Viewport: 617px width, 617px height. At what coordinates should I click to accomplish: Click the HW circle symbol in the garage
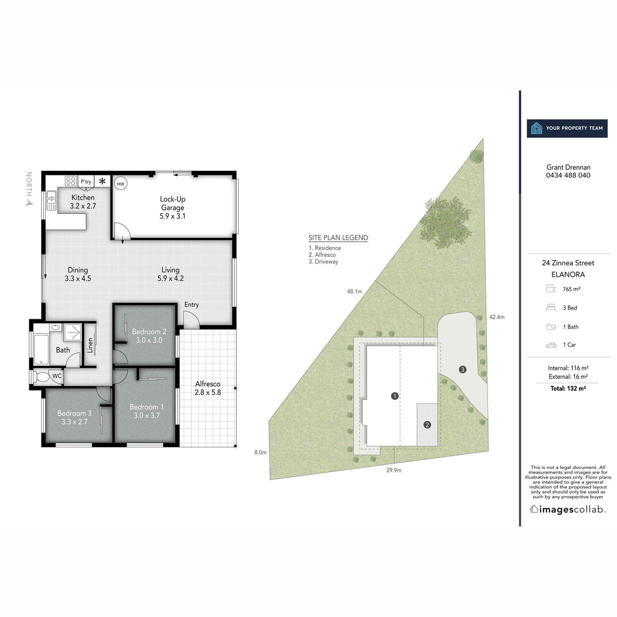(120, 184)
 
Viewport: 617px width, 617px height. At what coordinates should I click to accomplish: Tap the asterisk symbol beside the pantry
(102, 181)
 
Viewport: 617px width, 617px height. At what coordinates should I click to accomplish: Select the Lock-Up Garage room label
(173, 207)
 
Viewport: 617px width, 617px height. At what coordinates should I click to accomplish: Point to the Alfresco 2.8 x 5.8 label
(208, 388)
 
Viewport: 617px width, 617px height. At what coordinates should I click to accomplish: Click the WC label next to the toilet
(57, 376)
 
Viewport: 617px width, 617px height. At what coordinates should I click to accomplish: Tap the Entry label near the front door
(191, 304)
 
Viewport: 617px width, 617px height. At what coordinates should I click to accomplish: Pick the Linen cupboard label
(90, 346)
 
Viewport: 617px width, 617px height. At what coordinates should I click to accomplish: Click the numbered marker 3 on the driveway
(463, 369)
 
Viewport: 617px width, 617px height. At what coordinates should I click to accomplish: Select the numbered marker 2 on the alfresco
(427, 425)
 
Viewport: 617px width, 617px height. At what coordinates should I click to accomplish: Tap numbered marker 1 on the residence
(395, 396)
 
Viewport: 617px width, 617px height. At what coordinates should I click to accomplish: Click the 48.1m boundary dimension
(354, 292)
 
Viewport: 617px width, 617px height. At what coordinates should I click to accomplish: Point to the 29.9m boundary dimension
(394, 470)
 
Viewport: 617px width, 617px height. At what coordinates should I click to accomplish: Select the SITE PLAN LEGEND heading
(338, 238)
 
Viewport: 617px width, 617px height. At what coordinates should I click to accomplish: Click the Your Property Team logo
(567, 128)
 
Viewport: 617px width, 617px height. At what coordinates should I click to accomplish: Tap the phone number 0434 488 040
(568, 175)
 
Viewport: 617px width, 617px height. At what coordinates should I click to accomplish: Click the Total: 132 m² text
(568, 389)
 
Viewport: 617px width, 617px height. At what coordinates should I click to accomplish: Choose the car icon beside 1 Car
(551, 345)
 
